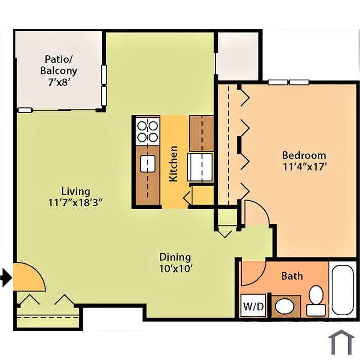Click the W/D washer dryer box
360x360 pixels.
click(x=253, y=306)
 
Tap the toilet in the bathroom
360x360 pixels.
click(x=316, y=301)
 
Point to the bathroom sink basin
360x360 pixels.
click(x=284, y=307)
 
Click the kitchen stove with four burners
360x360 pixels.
click(x=148, y=131)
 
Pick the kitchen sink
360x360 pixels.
click(x=148, y=164)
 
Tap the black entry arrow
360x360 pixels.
click(x=6, y=278)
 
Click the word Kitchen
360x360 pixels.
click(x=173, y=164)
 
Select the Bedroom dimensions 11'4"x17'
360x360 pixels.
click(x=304, y=167)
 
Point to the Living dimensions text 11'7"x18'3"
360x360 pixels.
click(x=76, y=203)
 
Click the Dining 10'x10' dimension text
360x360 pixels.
click(x=175, y=268)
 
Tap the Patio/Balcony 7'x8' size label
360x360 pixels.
click(x=59, y=82)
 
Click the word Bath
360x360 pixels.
click(x=292, y=276)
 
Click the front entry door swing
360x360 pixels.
click(x=29, y=277)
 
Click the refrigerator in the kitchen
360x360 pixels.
click(x=200, y=167)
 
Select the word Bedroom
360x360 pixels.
click(x=304, y=155)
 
